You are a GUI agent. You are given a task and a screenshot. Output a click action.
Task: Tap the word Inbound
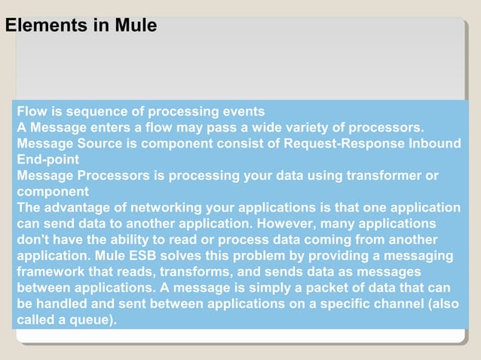(434, 143)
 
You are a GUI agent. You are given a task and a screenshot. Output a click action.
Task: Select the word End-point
(47, 160)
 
